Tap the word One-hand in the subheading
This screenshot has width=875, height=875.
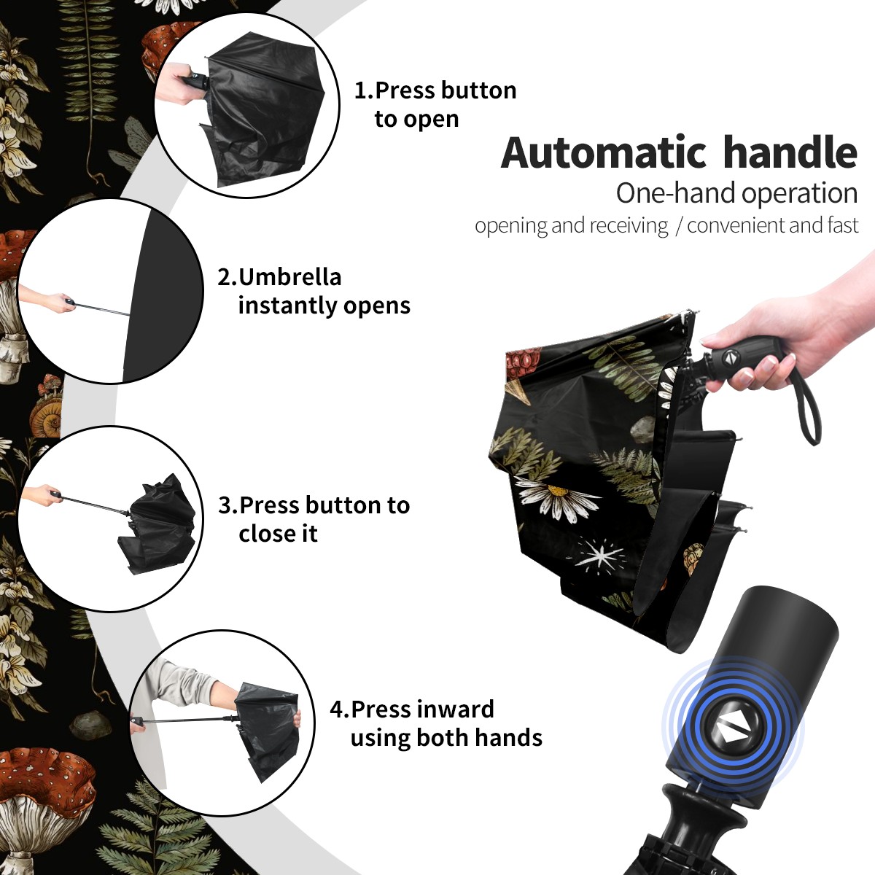point(677,193)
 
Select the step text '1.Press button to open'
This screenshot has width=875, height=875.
point(435,104)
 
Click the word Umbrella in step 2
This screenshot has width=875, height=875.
point(289,277)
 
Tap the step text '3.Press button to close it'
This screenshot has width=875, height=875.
point(314,519)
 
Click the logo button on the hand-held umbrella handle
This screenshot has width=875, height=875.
point(730,357)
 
